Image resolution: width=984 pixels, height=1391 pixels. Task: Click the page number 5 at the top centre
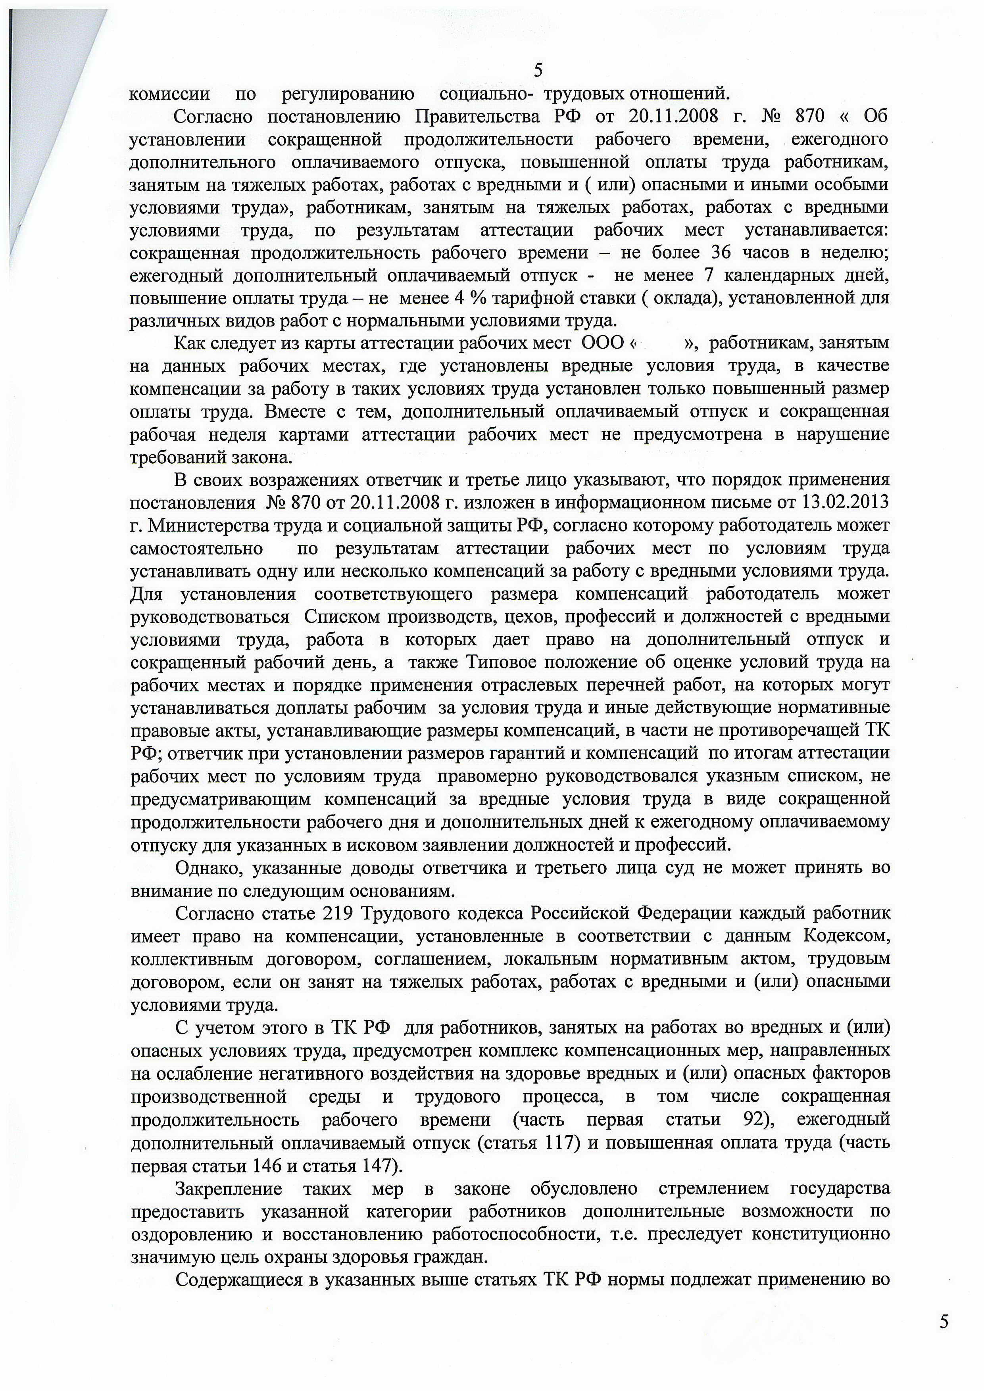click(538, 71)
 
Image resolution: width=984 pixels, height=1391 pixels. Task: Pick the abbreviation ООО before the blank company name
click(602, 343)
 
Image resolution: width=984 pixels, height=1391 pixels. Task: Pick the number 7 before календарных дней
click(707, 276)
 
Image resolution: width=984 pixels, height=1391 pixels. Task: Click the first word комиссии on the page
click(170, 94)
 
